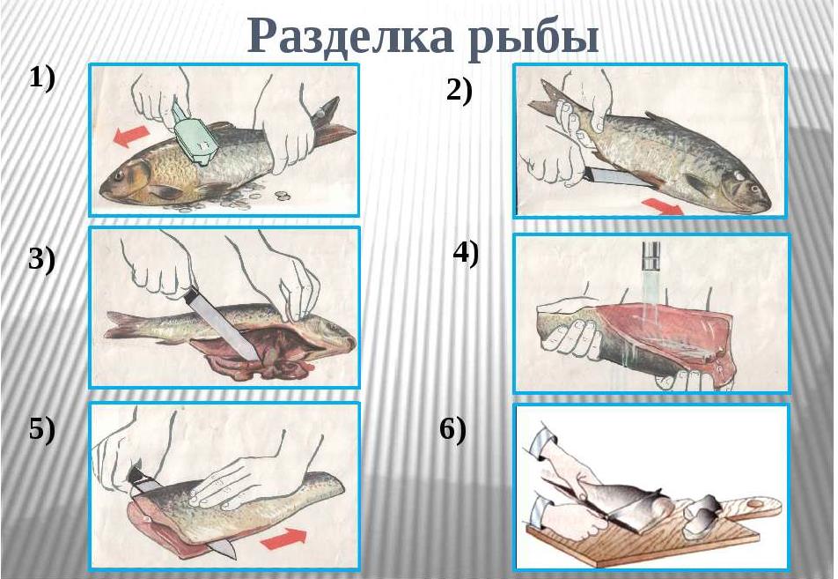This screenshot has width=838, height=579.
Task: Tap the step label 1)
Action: click(x=41, y=78)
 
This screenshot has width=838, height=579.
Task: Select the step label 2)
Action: click(x=459, y=91)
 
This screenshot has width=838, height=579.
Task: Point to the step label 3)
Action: click(x=41, y=261)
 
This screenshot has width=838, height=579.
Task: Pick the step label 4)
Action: click(x=466, y=253)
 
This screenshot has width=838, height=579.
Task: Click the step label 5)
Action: click(x=41, y=429)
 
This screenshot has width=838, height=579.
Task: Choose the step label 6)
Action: click(x=452, y=429)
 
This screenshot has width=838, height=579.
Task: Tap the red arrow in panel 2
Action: click(x=662, y=205)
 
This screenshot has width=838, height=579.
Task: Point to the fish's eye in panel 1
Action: click(x=119, y=175)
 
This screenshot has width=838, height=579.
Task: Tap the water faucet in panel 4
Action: click(x=651, y=256)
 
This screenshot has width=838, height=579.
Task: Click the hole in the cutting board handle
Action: click(x=754, y=503)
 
